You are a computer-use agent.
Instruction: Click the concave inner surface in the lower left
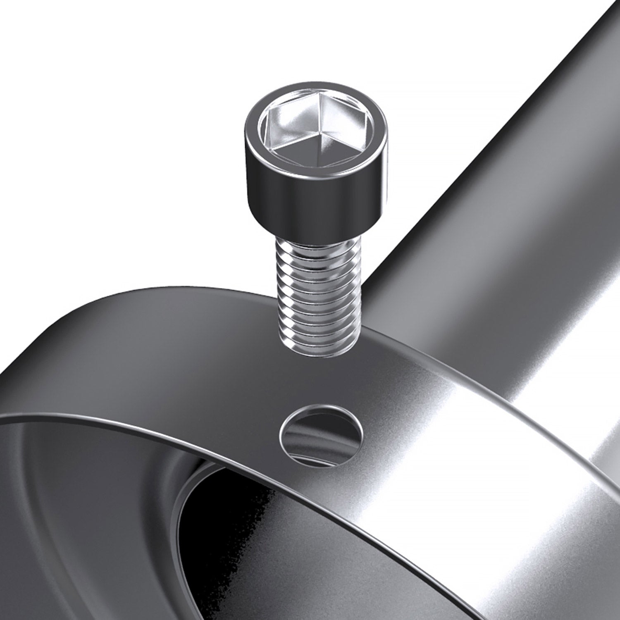coord(83,517)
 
